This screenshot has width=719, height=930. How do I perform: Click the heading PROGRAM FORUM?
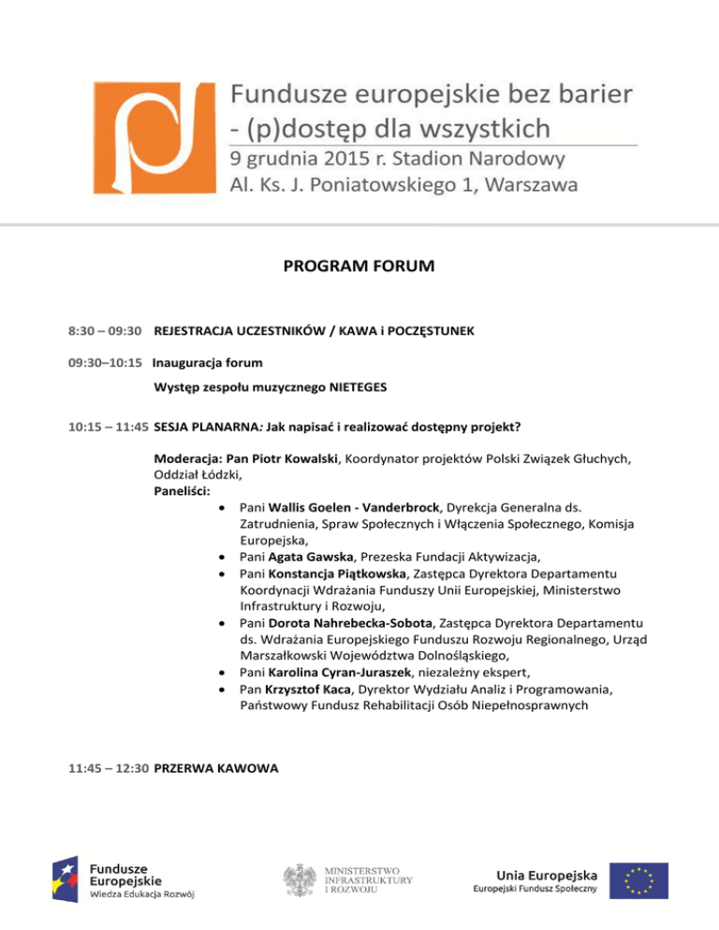click(x=359, y=268)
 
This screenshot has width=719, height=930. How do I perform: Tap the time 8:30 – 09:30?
click(x=105, y=331)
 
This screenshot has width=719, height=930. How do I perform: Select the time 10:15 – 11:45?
click(x=108, y=428)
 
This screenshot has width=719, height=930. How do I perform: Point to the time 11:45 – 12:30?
click(x=108, y=768)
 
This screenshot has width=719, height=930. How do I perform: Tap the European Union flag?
click(x=638, y=879)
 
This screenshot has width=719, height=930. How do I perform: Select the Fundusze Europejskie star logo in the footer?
click(x=66, y=880)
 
